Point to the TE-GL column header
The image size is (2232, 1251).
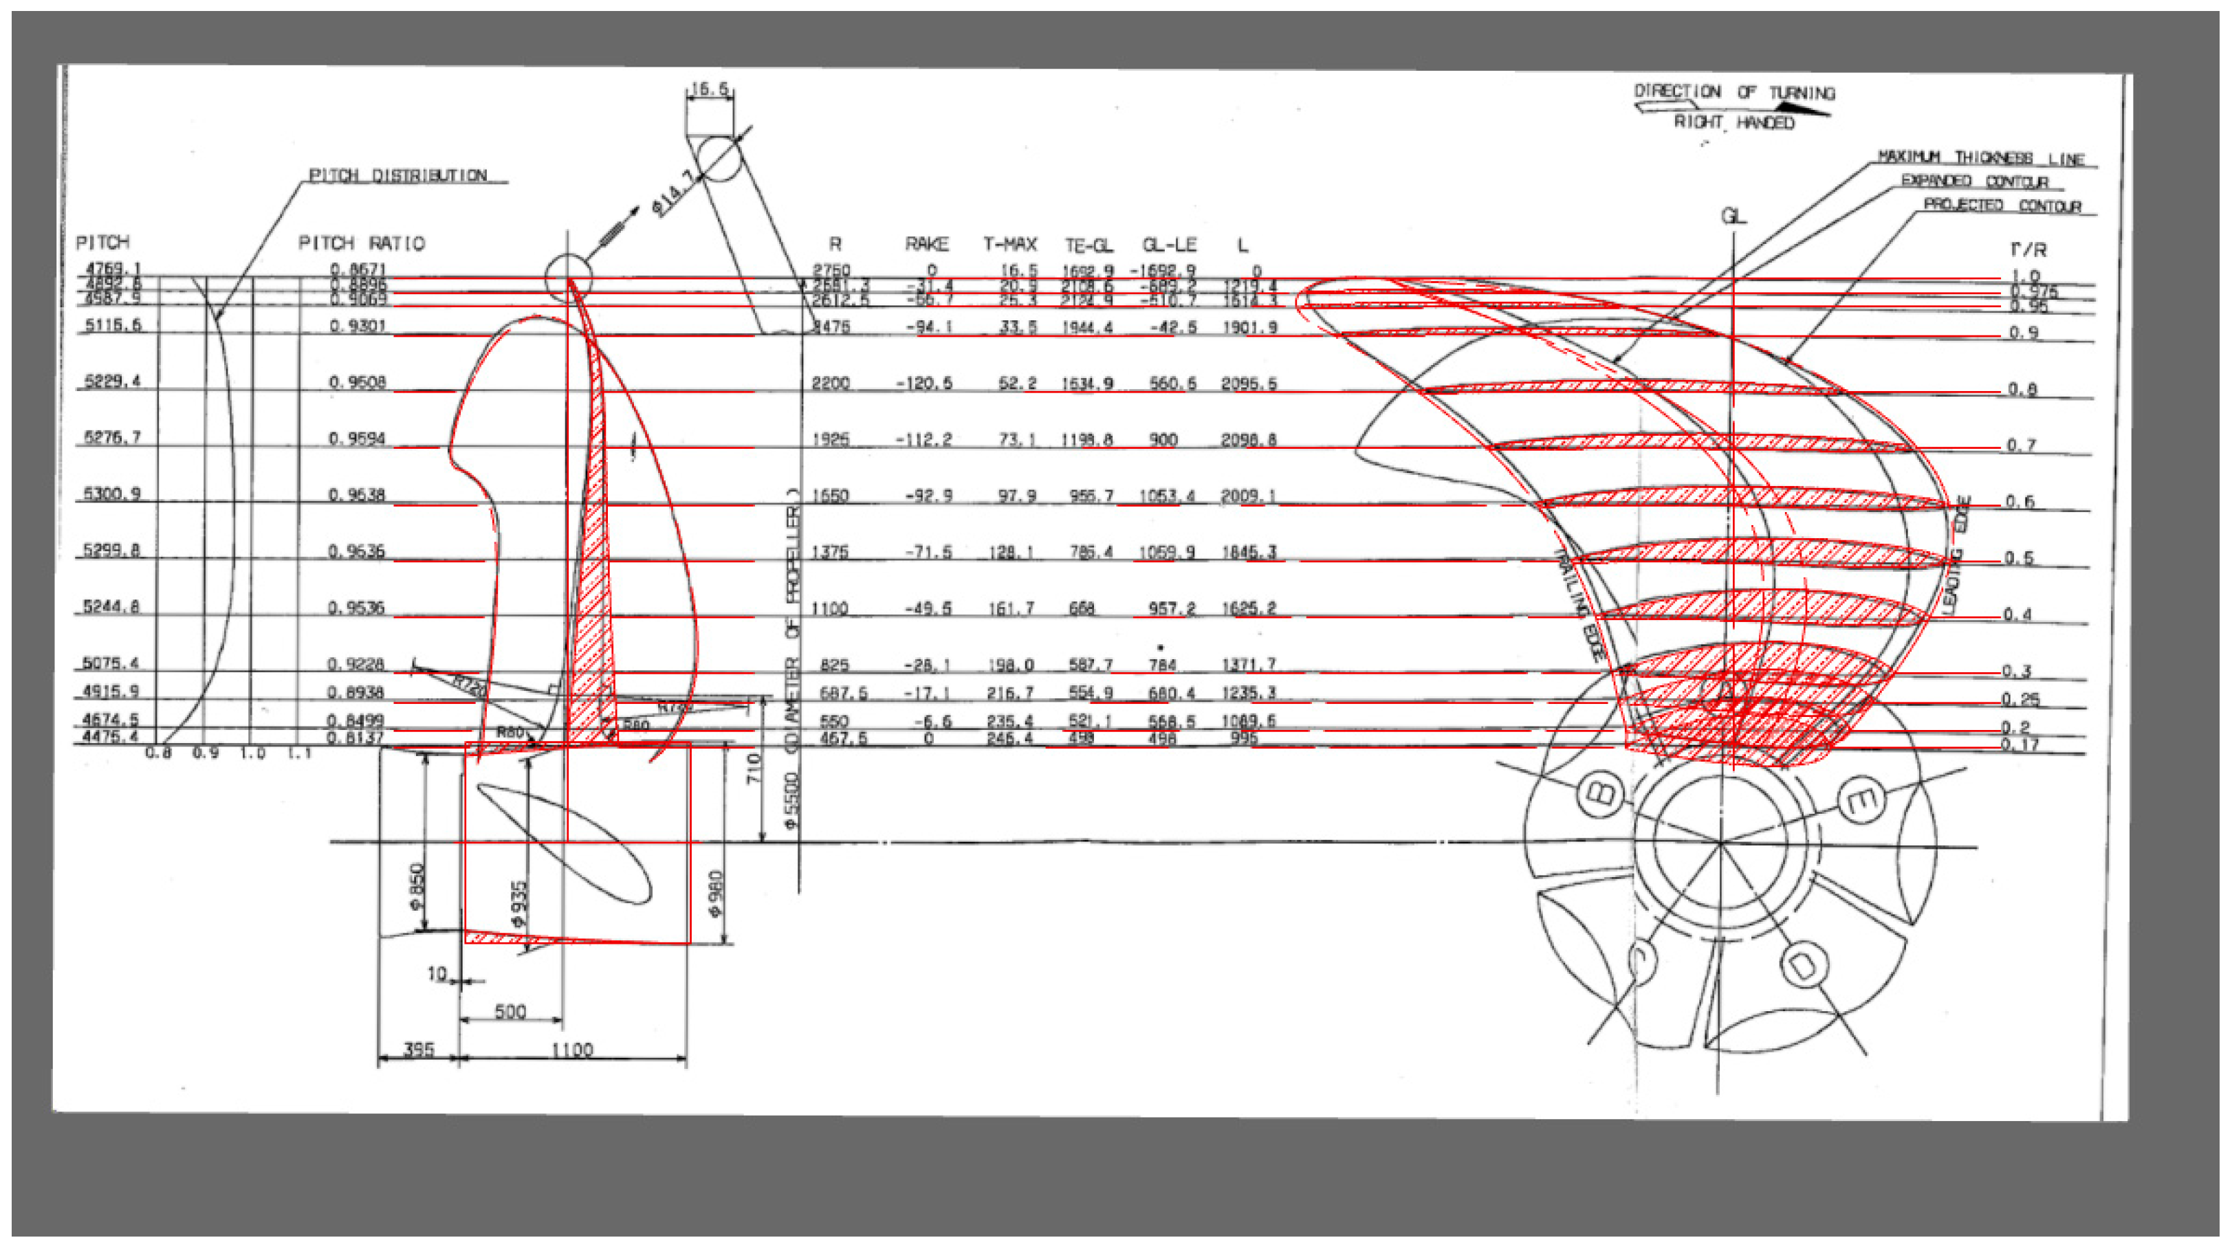[x=1088, y=245]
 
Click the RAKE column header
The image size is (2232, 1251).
[x=926, y=244]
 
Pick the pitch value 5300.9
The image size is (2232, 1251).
[x=111, y=494]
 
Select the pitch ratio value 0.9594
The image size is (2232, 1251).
[x=356, y=439]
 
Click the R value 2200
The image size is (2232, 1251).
[x=830, y=383]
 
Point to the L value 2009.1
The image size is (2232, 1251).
[x=1248, y=496]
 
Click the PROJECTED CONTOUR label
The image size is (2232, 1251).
[x=2002, y=206]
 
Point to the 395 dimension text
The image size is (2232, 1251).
[x=419, y=1049]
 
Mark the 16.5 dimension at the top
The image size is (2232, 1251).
[x=710, y=89]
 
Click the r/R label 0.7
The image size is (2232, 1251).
[x=2021, y=445]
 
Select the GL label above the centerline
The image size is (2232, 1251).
[x=1733, y=217]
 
